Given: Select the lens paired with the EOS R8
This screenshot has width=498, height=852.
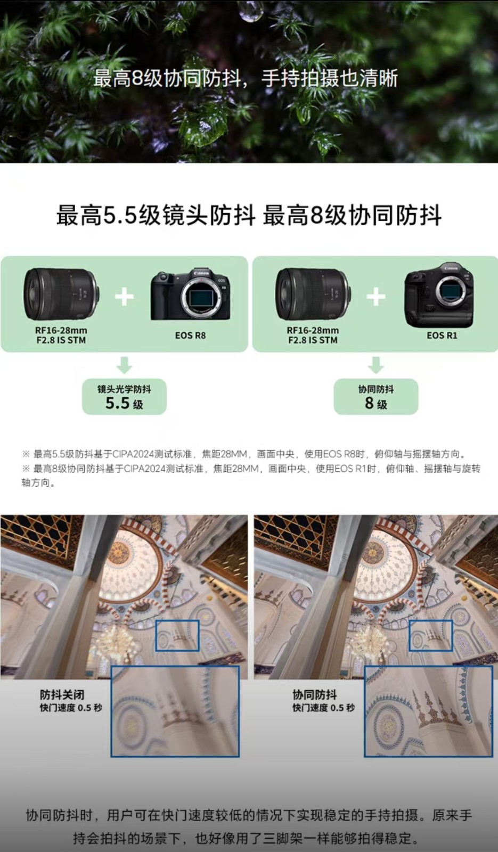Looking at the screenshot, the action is [62, 293].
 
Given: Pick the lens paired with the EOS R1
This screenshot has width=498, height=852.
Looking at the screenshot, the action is [314, 293].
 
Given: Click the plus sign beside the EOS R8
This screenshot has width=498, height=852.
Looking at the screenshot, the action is [125, 296].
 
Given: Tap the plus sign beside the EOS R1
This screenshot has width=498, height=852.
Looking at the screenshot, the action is [376, 296].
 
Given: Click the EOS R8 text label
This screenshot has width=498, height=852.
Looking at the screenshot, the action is [190, 335].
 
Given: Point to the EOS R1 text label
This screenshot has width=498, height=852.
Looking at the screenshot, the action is [442, 335].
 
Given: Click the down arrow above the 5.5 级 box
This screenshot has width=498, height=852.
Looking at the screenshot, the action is [125, 365].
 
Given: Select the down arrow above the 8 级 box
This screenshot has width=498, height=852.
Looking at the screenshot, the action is [376, 365].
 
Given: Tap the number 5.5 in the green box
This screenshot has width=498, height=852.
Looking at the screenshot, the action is [118, 403].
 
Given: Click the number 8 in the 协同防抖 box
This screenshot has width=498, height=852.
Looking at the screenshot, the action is [369, 403].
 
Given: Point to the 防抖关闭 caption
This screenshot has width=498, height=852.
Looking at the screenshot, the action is [62, 695].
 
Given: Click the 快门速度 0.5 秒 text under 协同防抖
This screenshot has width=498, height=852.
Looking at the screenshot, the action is [323, 708].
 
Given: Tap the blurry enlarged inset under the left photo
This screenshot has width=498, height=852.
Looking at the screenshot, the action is [175, 711].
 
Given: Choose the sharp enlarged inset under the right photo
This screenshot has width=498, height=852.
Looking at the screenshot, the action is [429, 711].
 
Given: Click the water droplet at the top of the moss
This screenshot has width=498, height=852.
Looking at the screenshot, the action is [251, 10].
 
